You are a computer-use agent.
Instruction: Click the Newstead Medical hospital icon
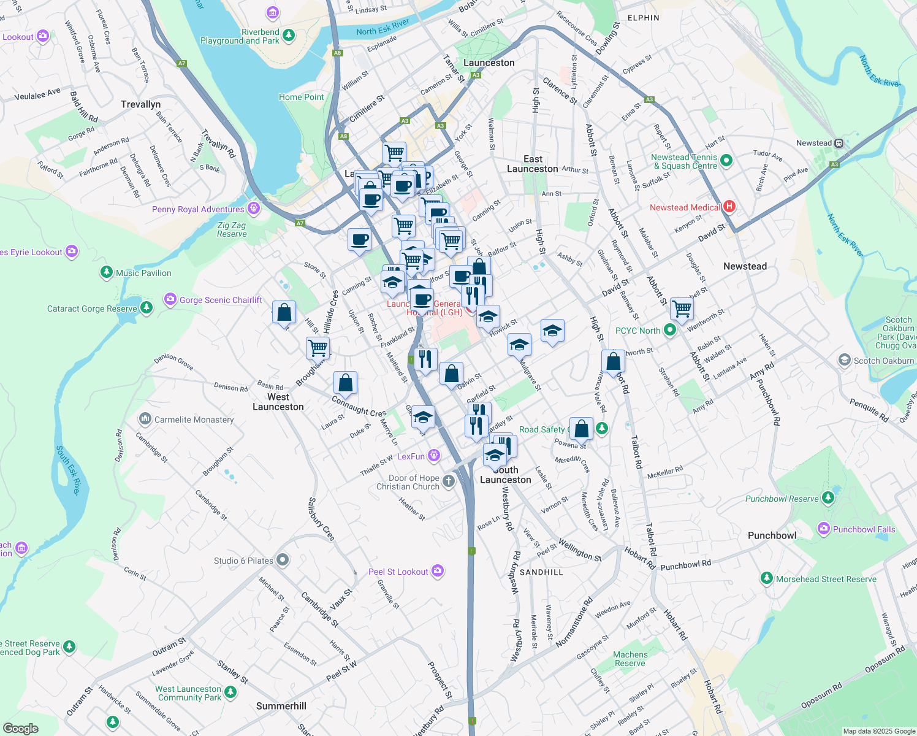(729, 207)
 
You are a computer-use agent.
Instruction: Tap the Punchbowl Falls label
(864, 529)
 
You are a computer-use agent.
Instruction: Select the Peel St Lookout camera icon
(437, 571)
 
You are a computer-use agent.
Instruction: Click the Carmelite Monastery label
(194, 420)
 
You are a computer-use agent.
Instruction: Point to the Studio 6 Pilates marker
(283, 560)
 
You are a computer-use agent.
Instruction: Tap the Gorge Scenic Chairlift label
(221, 300)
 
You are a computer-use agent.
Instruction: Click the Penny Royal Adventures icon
(254, 209)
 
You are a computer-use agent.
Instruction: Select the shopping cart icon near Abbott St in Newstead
(682, 309)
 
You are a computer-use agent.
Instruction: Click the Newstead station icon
(839, 143)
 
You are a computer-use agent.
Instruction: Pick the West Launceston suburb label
(278, 402)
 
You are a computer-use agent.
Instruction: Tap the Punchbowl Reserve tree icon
(828, 497)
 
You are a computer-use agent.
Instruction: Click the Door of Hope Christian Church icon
(449, 481)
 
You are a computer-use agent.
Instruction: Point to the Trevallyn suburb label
(140, 104)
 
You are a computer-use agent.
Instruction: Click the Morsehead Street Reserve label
(826, 579)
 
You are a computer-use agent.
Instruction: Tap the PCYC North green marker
(670, 331)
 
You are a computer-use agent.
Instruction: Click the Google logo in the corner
(21, 728)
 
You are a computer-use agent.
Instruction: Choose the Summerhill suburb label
(281, 706)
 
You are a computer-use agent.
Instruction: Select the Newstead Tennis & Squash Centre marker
(726, 161)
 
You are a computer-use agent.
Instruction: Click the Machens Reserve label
(630, 659)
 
